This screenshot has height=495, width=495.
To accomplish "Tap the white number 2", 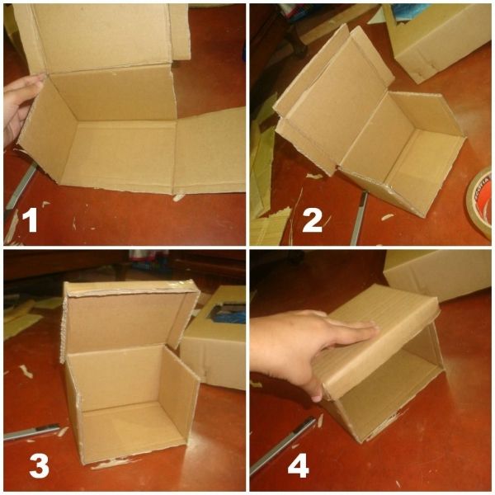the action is (312, 221).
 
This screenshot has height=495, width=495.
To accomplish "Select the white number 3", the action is (39, 466).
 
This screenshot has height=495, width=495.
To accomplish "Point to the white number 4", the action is (298, 467).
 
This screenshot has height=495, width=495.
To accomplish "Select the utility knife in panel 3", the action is (31, 432).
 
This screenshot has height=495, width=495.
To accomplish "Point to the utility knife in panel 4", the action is (281, 445).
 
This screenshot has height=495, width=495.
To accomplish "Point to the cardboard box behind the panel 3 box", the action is (214, 337).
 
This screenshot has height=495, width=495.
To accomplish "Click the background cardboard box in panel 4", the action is (437, 275).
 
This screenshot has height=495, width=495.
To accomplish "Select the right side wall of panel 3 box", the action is (178, 391).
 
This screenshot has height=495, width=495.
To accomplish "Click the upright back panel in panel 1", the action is (104, 38).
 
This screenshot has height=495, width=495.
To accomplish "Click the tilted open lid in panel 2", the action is (335, 98).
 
